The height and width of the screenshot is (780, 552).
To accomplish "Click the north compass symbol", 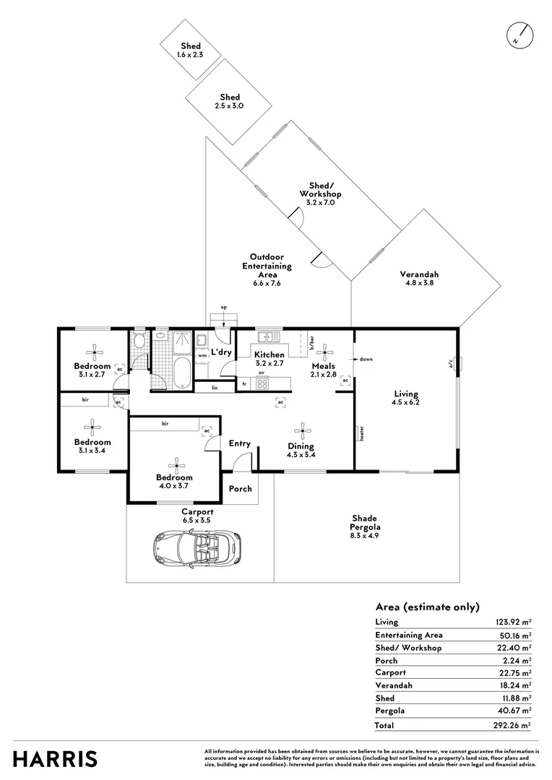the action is tap(520, 36).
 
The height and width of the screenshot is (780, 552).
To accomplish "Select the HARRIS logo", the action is tap(55, 759).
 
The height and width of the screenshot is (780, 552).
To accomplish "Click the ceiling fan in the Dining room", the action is tap(302, 432).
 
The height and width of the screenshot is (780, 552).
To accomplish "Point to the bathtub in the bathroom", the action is tap(181, 373).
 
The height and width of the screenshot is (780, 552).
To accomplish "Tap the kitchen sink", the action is tap(269, 337).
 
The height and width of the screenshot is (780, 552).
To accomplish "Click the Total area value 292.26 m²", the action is tap(512, 725).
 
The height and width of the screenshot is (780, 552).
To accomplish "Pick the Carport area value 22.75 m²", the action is tap(514, 672).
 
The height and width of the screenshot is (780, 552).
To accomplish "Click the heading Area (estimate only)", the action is tap(427, 607).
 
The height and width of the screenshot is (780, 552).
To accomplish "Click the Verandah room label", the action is tap(419, 274).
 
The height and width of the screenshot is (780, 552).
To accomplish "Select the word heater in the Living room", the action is tap(362, 433).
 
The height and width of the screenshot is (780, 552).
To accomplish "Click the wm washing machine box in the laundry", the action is tap(202, 355).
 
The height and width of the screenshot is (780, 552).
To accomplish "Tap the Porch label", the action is tap(241, 489).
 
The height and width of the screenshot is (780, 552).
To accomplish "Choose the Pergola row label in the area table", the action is tap(389, 711).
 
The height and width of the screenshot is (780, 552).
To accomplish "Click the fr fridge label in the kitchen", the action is tap(244, 384).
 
